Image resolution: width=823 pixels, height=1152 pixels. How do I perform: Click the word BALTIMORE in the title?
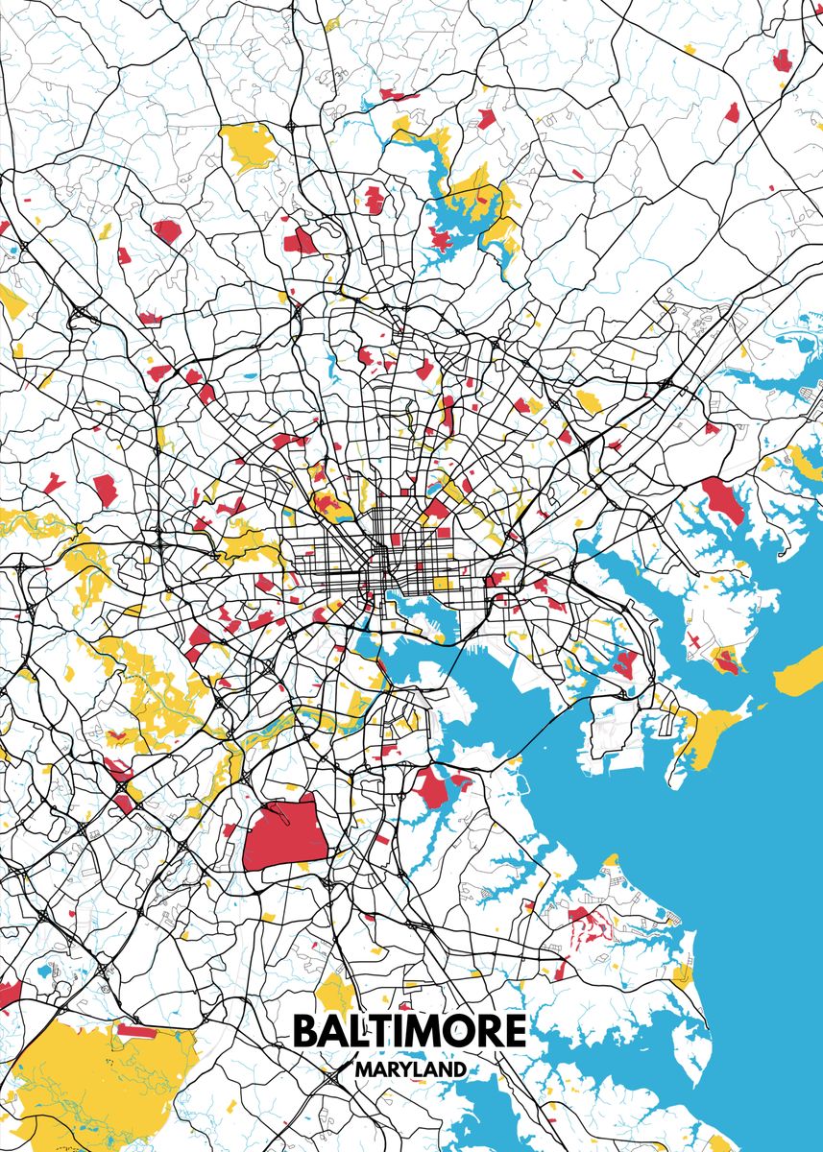coord(409,1031)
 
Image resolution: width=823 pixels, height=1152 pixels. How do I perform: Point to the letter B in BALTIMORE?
coord(304,1031)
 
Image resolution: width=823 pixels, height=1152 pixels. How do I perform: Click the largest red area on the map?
coord(286,832)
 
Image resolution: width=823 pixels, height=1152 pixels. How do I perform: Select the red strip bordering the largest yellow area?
coord(135,1032)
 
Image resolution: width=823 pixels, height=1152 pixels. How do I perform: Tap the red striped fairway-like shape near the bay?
coord(589,924)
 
